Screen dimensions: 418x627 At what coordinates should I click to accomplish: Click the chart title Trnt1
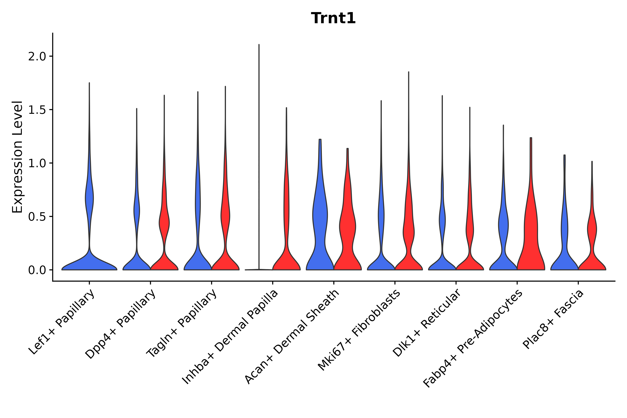click(333, 18)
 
